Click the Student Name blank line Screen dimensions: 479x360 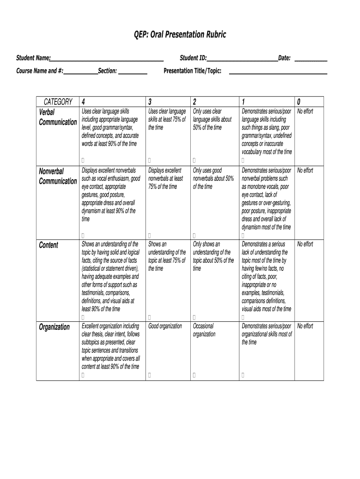pyautogui.click(x=107, y=60)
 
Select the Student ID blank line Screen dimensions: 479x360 pyautogui.click(x=242, y=60)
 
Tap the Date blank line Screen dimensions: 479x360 pyautogui.click(x=311, y=60)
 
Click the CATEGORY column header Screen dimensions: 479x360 pyautogui.click(x=58, y=102)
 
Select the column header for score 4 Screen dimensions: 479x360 pyautogui.click(x=83, y=102)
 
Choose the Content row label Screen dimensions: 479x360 pyautogui.click(x=49, y=245)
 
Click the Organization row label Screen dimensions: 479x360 pyautogui.click(x=54, y=327)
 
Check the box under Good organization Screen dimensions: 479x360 pyautogui.click(x=150, y=375)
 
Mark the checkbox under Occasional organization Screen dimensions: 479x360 pyautogui.click(x=194, y=375)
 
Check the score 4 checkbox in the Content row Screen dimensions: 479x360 pyautogui.click(x=83, y=317)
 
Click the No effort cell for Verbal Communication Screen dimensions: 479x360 pyautogui.click(x=305, y=111)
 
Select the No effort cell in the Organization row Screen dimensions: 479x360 pyautogui.click(x=305, y=326)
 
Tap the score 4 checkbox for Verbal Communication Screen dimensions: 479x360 pyautogui.click(x=83, y=160)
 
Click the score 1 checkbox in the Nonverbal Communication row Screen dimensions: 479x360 pyautogui.click(x=243, y=235)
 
